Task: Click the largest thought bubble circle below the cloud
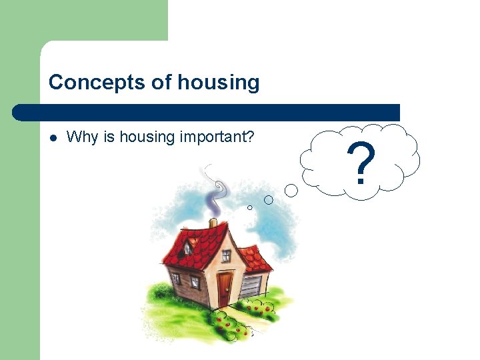coord(291,191)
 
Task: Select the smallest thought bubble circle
coord(250,207)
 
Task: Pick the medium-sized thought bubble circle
coord(269,199)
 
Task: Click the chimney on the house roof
coord(213,223)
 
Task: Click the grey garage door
coord(251,286)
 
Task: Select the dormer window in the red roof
coord(189,248)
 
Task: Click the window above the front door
coord(226,255)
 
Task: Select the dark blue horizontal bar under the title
coord(207,112)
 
